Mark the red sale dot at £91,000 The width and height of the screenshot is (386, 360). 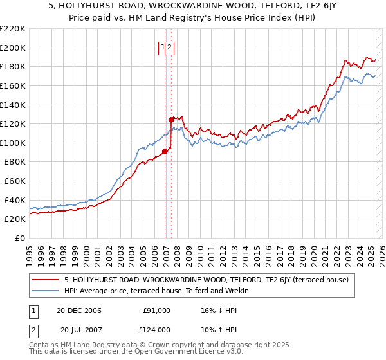click(x=165, y=151)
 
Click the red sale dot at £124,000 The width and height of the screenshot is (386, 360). click(x=171, y=120)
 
